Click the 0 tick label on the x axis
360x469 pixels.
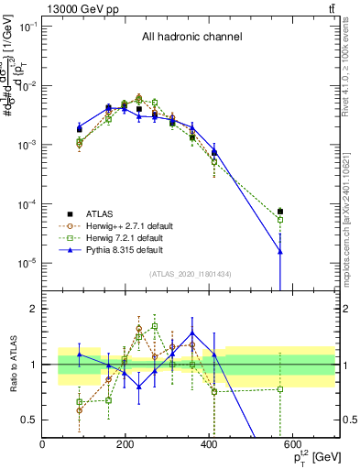click(x=43, y=444)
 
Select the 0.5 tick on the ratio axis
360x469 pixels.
click(x=30, y=420)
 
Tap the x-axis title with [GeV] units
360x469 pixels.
click(x=309, y=456)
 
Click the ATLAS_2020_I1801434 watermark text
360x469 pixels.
click(x=191, y=274)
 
